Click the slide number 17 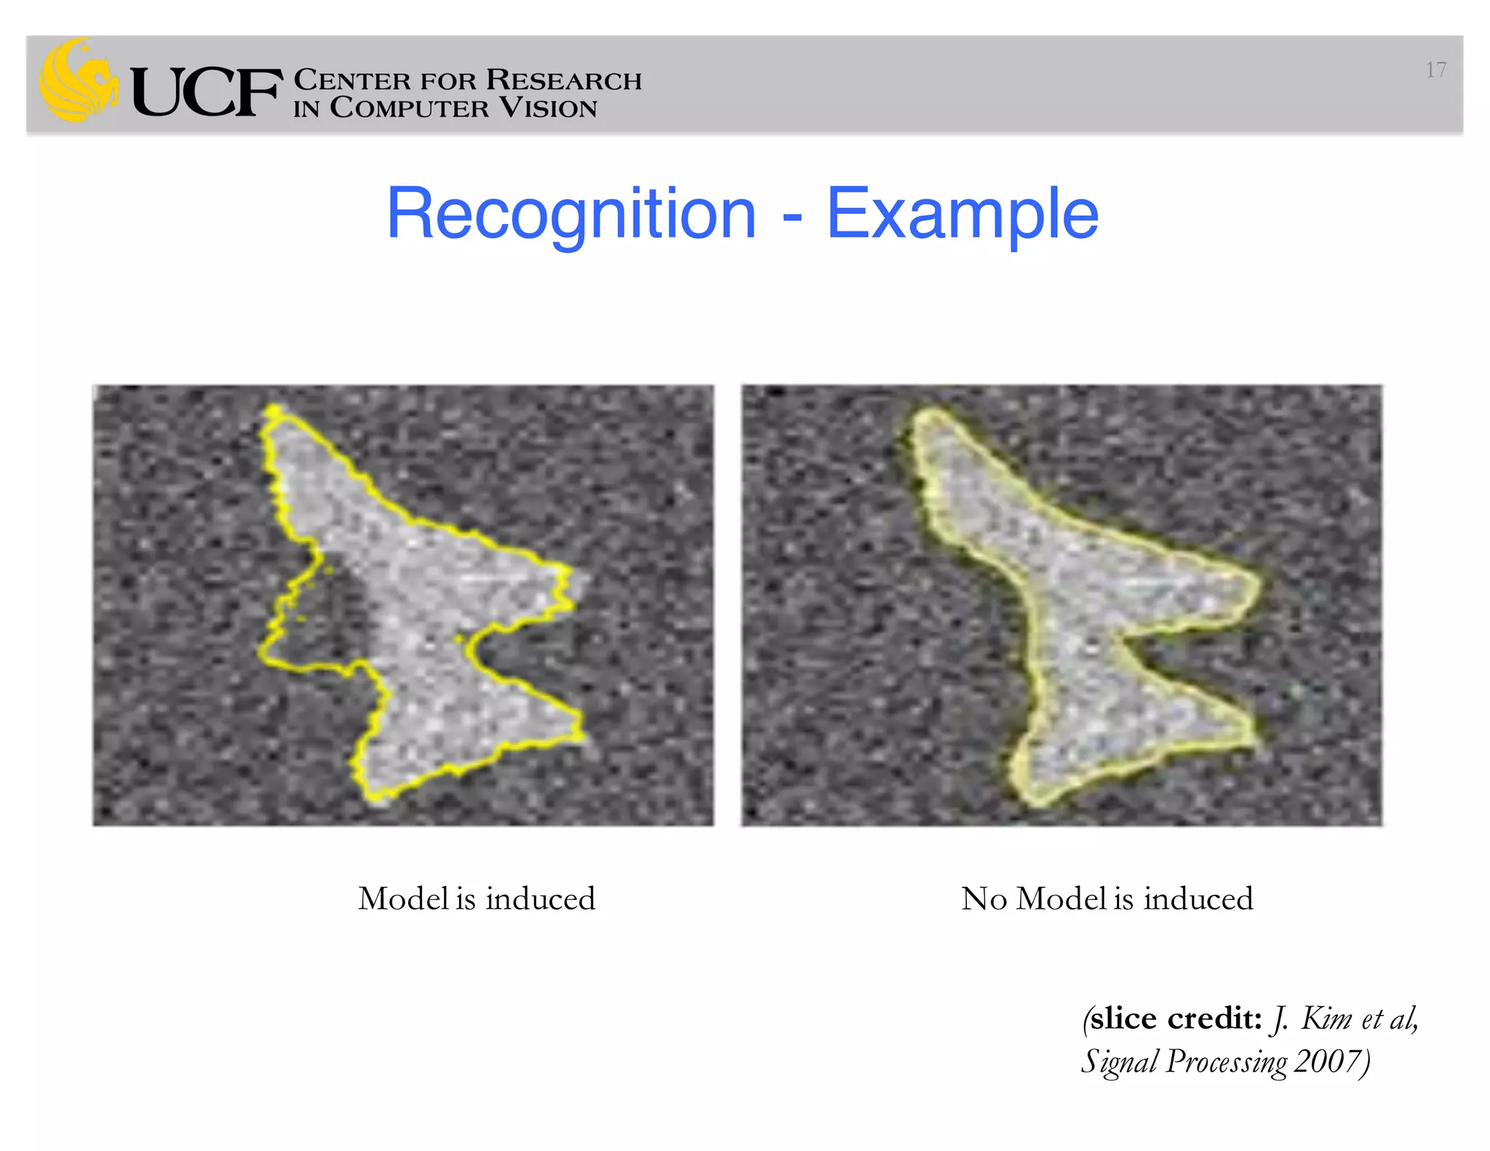click(1435, 70)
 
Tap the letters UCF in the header click(206, 92)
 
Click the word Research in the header click(564, 80)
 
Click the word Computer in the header click(410, 108)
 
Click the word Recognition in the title click(571, 214)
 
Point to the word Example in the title click(963, 214)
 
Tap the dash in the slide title click(792, 217)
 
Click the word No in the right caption click(984, 899)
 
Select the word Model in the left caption click(404, 899)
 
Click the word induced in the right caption click(1198, 899)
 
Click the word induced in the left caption click(541, 899)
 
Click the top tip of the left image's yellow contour click(273, 410)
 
